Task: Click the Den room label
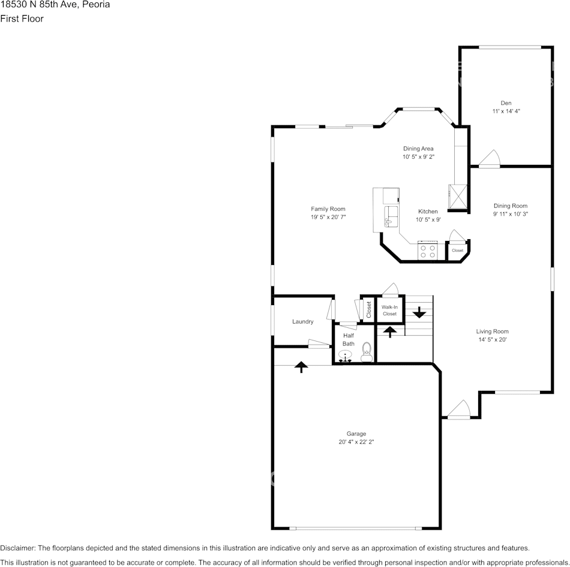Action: [506, 102]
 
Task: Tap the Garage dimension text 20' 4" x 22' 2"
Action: [356, 442]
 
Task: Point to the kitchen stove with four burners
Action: [428, 251]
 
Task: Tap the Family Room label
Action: [328, 209]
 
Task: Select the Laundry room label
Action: [302, 322]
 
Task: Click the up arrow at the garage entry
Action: [301, 366]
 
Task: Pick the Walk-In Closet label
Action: [389, 310]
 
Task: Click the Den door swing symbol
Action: [489, 158]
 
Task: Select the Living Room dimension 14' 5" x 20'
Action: [492, 339]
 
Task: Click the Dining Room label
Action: [510, 206]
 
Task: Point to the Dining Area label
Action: [418, 149]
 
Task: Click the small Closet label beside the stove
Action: [457, 251]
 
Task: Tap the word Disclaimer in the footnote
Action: [17, 548]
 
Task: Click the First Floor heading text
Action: [22, 19]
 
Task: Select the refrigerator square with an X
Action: [457, 196]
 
